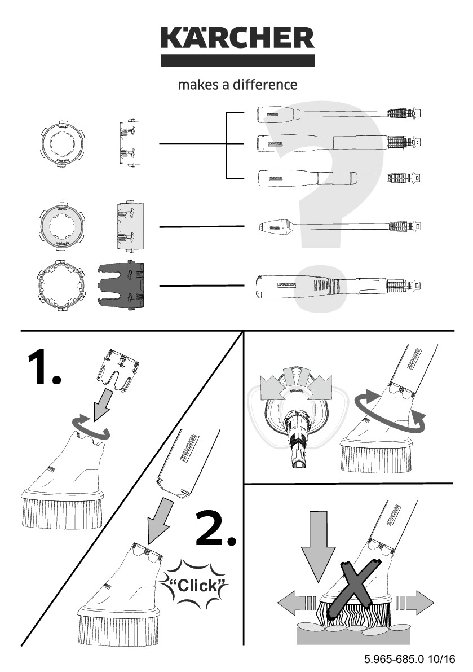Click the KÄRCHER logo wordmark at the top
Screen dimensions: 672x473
pyautogui.click(x=237, y=38)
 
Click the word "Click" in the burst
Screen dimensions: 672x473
pyautogui.click(x=197, y=585)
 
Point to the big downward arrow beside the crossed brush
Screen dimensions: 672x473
pyautogui.click(x=319, y=542)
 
